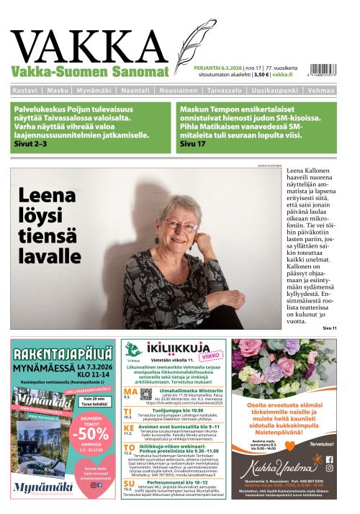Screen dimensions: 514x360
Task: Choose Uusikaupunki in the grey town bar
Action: (276, 91)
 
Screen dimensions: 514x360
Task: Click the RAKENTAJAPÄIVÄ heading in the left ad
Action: (61, 353)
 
